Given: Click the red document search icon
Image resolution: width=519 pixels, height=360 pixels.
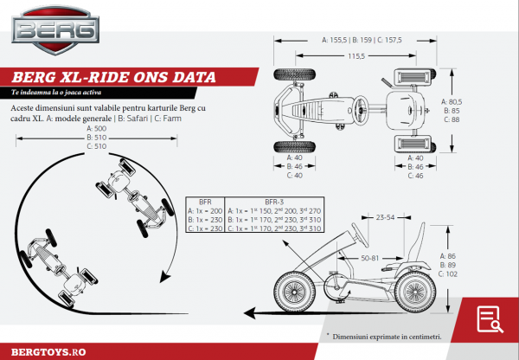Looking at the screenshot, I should pyautogui.click(x=489, y=317).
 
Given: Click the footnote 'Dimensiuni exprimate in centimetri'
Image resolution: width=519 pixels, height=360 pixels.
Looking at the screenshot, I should pyautogui.click(x=386, y=335).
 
